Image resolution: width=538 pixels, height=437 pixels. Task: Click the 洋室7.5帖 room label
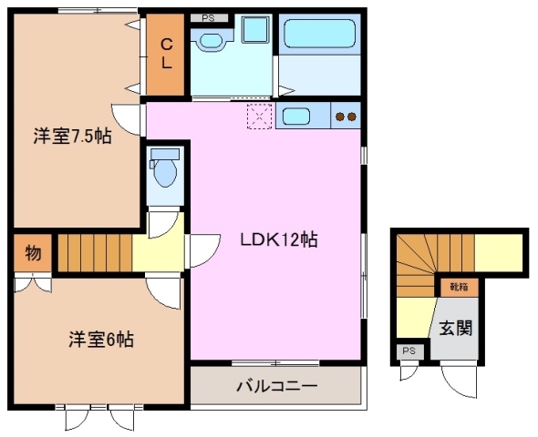[73, 137]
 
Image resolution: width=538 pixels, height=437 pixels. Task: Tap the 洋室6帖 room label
[101, 340]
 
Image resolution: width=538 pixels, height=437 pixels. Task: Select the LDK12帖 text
[278, 240]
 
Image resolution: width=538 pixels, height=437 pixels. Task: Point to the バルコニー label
[276, 386]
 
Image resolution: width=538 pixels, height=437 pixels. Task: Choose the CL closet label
[168, 56]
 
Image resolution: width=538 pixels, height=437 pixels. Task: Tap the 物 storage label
[32, 254]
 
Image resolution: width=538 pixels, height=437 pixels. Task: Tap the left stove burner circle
[340, 117]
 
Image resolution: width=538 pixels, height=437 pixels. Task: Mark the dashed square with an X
[260, 116]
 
